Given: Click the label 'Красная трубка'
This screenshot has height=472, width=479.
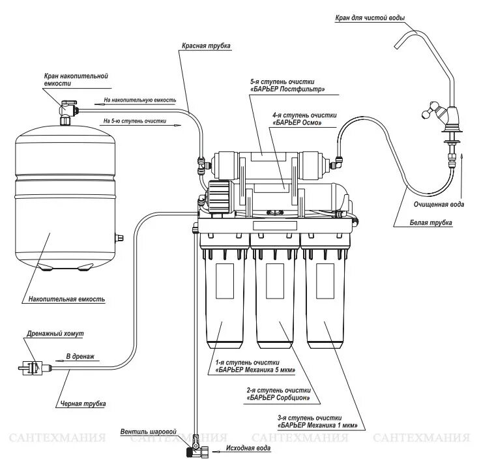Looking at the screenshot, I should [207, 46].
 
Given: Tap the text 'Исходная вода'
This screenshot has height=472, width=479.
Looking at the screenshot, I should [246, 449].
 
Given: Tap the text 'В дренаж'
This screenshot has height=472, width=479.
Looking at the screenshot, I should [80, 357].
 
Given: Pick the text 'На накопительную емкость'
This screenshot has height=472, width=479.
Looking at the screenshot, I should [139, 100].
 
